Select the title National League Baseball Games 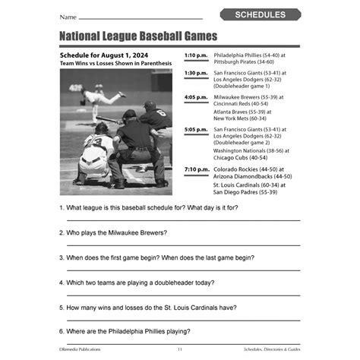pos(137,36)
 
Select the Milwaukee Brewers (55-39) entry pos(248,97)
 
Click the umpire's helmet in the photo pos(130,115)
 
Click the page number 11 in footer pos(179,349)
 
